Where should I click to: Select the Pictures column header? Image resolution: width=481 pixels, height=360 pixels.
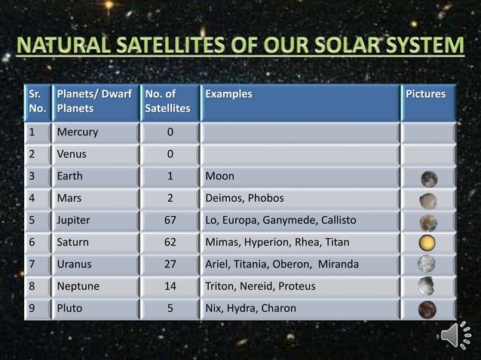pyautogui.click(x=426, y=95)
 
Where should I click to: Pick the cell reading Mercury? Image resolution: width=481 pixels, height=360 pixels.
pyautogui.click(x=75, y=133)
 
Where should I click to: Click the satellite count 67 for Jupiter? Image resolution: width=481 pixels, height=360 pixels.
pyautogui.click(x=170, y=221)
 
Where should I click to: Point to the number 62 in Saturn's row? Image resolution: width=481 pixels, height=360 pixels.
pyautogui.click(x=170, y=243)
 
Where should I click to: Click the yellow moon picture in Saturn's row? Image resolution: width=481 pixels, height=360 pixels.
pyautogui.click(x=428, y=244)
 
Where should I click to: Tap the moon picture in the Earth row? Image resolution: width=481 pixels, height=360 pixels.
pyautogui.click(x=429, y=178)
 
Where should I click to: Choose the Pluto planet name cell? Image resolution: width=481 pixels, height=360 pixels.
pyautogui.click(x=70, y=308)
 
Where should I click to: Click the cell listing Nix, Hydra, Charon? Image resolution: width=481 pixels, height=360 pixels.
pyautogui.click(x=252, y=308)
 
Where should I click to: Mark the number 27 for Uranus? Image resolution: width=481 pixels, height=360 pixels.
pyautogui.click(x=170, y=264)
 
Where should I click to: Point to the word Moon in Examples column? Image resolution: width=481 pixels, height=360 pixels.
pyautogui.click(x=220, y=177)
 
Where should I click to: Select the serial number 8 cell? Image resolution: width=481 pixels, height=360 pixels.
pyautogui.click(x=32, y=286)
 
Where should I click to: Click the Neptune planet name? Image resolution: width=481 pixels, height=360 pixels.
pyautogui.click(x=78, y=286)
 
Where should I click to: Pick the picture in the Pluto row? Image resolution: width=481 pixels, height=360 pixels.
pyautogui.click(x=427, y=309)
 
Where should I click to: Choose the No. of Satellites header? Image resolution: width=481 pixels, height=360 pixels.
pyautogui.click(x=167, y=103)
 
